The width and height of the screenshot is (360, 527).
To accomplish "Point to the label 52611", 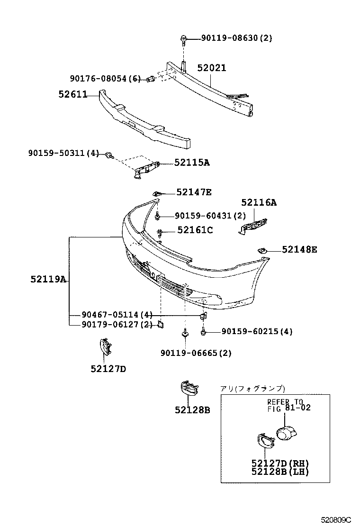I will coord(73,94).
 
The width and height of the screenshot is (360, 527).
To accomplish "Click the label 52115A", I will coord(192,163).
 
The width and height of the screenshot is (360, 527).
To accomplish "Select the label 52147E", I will coord(194,192).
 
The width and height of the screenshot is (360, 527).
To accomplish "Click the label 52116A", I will coord(259,202).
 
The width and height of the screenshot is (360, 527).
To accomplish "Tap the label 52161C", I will coord(195,230).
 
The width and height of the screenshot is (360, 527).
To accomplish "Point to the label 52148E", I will coord(299,249).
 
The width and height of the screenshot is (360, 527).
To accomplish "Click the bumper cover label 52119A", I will coord(48,279).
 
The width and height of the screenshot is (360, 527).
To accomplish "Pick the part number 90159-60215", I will coord(257,332).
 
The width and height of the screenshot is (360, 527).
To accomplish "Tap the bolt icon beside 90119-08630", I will coord(183,39).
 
